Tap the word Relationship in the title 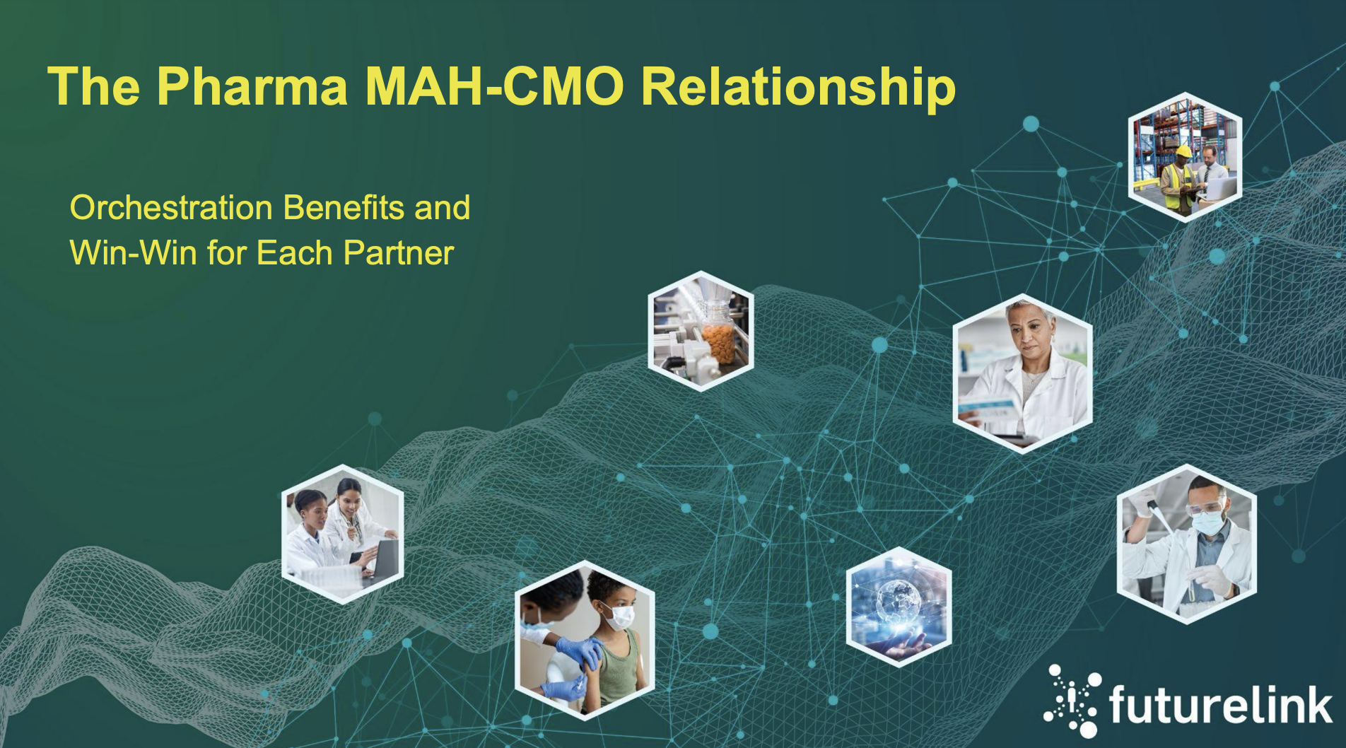798,87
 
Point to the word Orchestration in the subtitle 171,208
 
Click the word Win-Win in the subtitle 133,253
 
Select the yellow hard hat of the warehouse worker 1183,151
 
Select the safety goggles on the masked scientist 1205,507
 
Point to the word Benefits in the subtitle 344,208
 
